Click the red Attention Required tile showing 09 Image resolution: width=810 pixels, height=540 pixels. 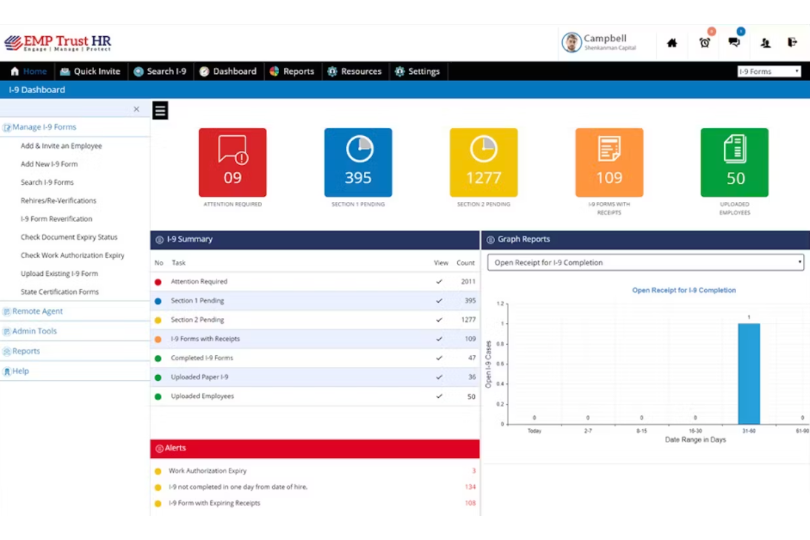pos(233,162)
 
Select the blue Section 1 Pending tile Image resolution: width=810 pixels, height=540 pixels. pos(358,162)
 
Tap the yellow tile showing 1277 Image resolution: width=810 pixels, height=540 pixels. pos(483,162)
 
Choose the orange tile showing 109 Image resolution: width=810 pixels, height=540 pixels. pos(609,162)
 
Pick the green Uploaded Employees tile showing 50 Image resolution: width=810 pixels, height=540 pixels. pos(734,162)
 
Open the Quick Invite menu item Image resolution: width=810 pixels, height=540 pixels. pos(90,71)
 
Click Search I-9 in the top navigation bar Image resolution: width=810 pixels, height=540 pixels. pos(160,71)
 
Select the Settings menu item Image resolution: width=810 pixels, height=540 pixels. pos(418,71)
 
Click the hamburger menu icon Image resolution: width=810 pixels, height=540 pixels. pos(160,111)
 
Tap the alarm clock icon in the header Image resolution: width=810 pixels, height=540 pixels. pos(704,43)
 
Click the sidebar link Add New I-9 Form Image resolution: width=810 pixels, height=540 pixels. pos(49,164)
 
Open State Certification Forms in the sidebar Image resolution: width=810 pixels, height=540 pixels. pos(60,292)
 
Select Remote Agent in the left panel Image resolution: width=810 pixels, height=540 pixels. pos(37,311)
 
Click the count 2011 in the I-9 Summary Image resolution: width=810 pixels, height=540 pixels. pos(468,282)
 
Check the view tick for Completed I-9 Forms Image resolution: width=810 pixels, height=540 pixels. pos(439,358)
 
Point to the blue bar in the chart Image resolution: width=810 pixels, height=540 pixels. pos(749,374)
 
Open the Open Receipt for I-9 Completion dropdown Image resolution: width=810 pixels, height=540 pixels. pos(646,263)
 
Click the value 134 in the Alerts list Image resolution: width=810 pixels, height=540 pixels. pos(470,487)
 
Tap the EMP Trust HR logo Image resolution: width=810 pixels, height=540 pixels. pos(58,43)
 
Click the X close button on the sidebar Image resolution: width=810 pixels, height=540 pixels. pos(136,109)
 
